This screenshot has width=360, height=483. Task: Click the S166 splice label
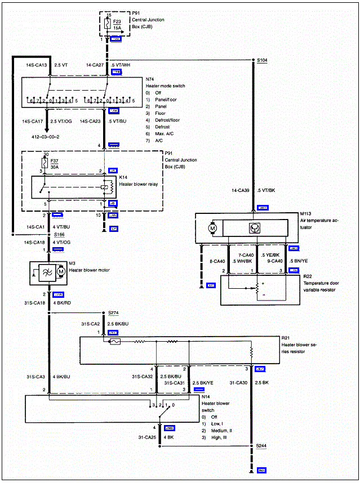point(44,234)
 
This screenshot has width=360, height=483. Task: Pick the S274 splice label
point(110,313)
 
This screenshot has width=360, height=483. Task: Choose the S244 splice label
point(261,445)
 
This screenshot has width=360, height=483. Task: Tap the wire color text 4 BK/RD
point(61,303)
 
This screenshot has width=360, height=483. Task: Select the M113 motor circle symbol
point(213,229)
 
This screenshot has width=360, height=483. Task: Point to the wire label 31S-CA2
point(91,324)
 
